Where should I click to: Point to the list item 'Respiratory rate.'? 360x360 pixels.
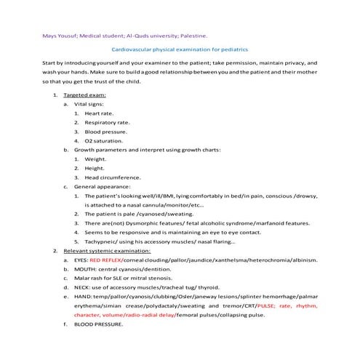pyautogui.click(x=108, y=122)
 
